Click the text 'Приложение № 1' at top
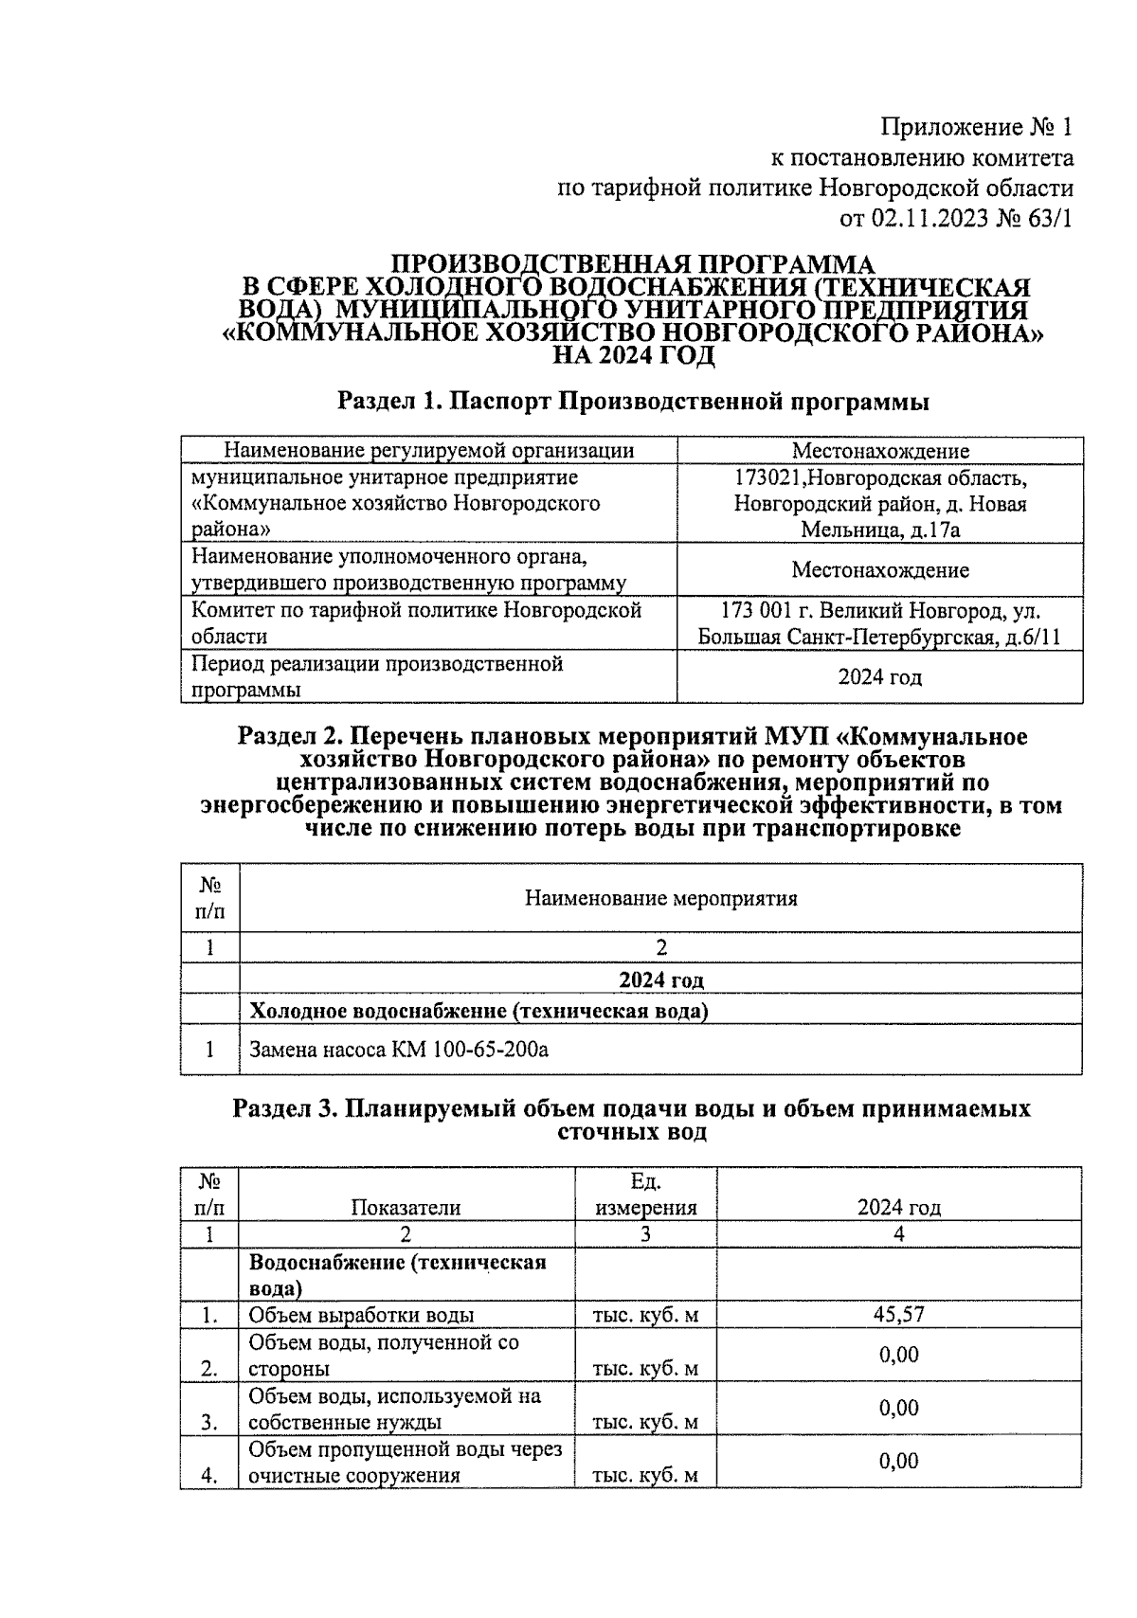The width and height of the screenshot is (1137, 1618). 977,127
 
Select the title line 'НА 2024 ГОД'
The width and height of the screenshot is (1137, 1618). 633,355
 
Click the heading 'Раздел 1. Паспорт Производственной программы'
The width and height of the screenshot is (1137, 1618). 633,402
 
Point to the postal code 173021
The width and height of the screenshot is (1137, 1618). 765,477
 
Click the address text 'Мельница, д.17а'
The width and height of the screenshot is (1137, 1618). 880,530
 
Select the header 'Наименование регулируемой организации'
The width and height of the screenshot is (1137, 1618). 428,451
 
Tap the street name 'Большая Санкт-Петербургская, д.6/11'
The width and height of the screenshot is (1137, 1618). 879,637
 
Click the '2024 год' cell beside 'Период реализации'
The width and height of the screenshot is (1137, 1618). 879,677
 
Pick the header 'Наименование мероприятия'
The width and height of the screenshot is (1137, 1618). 660,898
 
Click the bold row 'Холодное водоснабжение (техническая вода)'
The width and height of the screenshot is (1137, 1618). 478,1011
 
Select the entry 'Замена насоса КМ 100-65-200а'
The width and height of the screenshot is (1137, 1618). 399,1050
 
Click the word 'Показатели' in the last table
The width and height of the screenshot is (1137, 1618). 406,1208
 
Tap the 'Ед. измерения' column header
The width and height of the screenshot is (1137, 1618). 645,1195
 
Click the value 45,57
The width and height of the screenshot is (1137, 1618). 898,1314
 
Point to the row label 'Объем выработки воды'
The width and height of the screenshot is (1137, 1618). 361,1315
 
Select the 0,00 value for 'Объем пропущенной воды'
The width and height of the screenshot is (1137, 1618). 898,1461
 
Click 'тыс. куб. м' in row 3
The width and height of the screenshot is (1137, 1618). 645,1422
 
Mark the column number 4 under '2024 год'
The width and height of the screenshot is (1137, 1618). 898,1234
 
